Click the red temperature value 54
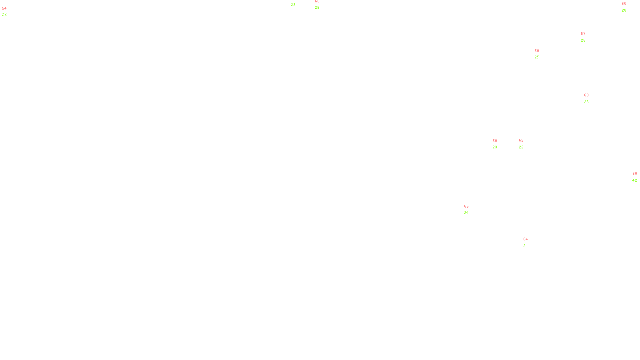point(4,8)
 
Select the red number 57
point(583,34)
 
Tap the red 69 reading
point(586,95)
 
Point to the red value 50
point(495,141)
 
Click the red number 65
point(521,140)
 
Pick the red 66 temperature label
point(466,206)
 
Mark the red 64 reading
point(526,239)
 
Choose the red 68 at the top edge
point(317,2)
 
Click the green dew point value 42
point(635,180)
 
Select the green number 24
point(466,213)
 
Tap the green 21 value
point(526,246)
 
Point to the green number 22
point(521,147)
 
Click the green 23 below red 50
point(495,147)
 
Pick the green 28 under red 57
point(583,40)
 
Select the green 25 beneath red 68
point(317,8)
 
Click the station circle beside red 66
point(471,210)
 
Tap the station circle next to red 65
point(525,144)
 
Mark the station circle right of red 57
point(587,37)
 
